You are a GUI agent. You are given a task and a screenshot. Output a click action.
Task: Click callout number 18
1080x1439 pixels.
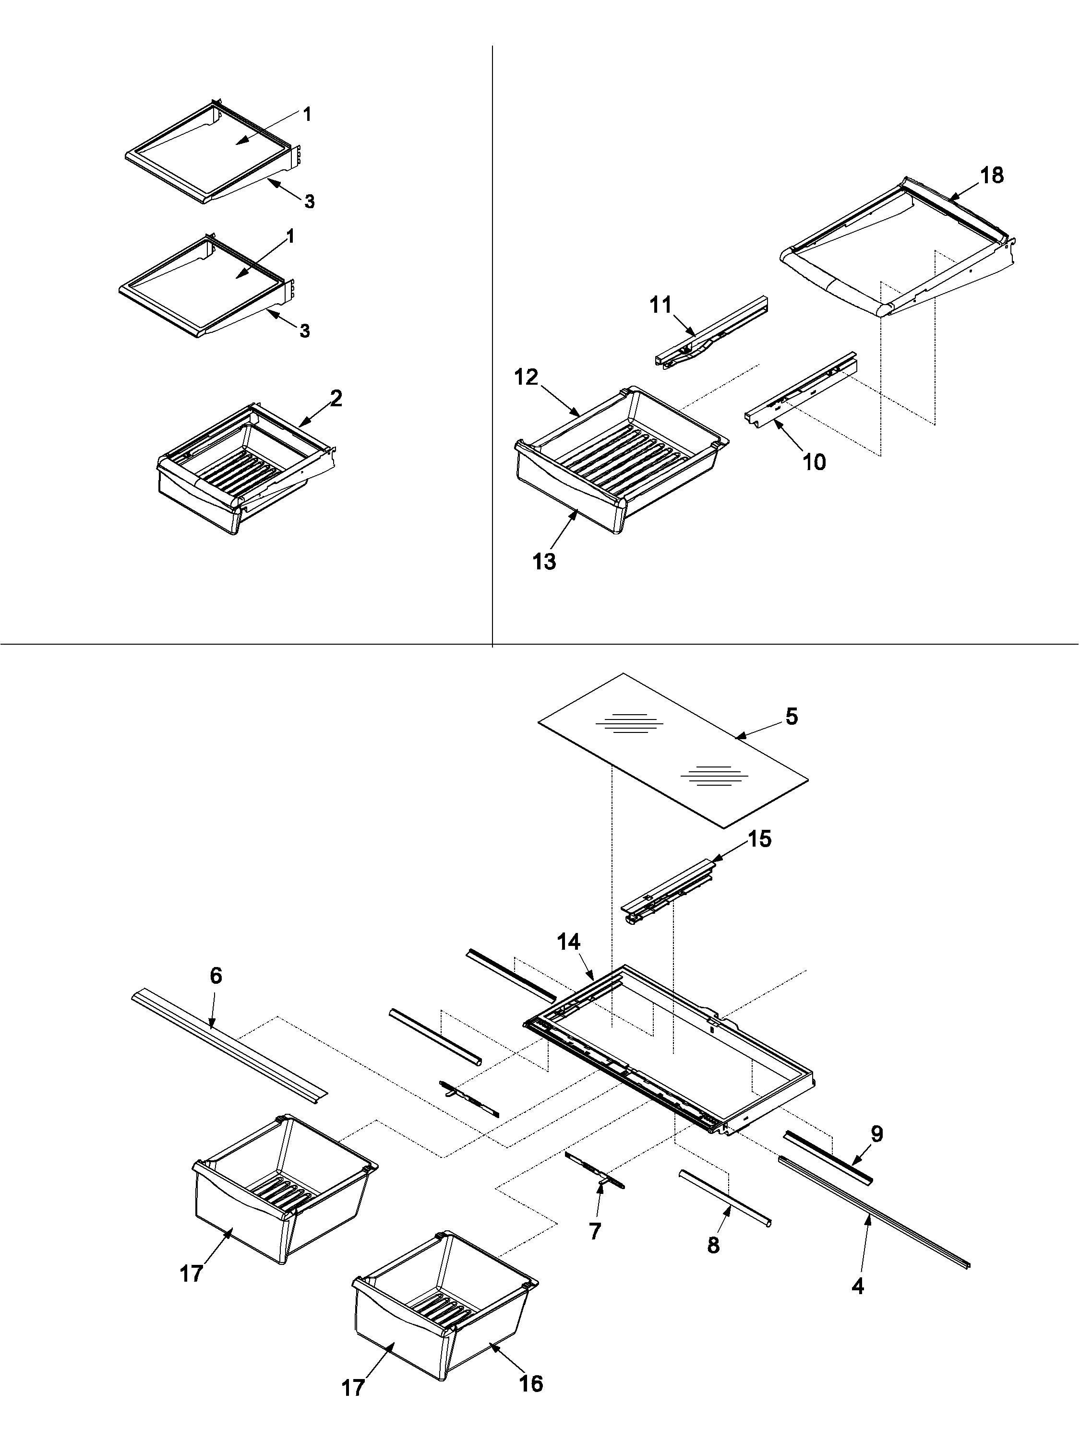992,175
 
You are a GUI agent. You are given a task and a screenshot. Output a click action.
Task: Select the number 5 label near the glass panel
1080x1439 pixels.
792,717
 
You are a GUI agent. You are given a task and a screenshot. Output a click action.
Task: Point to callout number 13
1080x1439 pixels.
544,561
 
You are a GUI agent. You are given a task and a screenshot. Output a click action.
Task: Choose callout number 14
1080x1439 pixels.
569,960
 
